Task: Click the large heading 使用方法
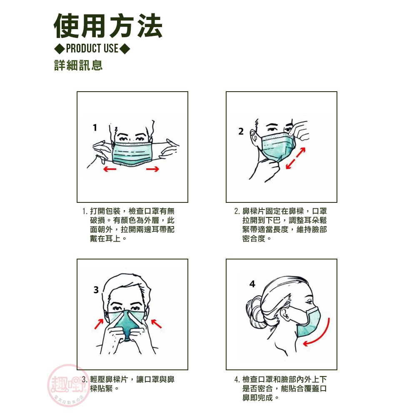(x=108, y=26)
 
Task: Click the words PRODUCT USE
(x=92, y=49)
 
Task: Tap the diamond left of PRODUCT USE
(x=60, y=49)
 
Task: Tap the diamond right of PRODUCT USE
(x=125, y=49)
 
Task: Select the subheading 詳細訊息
(x=78, y=65)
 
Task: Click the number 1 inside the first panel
(x=95, y=127)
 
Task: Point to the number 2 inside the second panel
(x=241, y=131)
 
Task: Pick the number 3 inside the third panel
(x=96, y=290)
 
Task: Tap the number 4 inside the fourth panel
(x=252, y=284)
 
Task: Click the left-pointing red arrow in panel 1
(x=110, y=169)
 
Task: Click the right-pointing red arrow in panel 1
(x=152, y=169)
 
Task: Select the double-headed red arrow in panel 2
(x=296, y=158)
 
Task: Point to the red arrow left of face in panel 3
(x=99, y=324)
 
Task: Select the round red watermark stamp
(x=68, y=385)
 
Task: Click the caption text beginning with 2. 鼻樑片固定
(x=281, y=224)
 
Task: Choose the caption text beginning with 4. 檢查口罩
(x=281, y=389)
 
